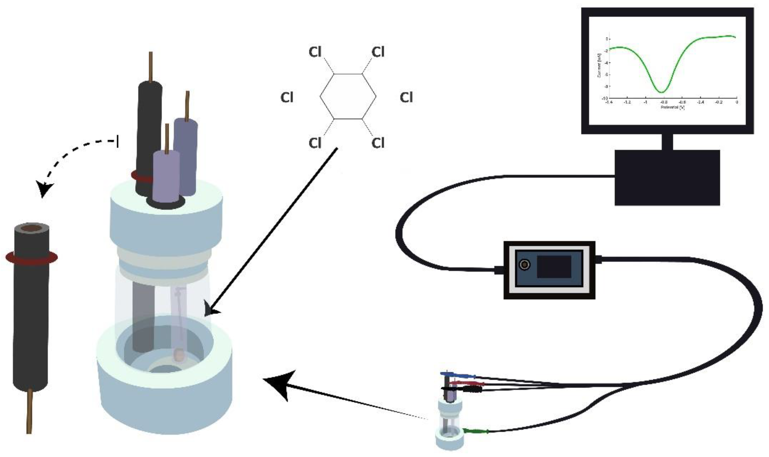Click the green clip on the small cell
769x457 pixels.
[x=476, y=431]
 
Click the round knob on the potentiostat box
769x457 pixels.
[x=525, y=265]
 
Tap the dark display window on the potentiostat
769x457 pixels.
[x=554, y=267]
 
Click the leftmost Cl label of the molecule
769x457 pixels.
[x=286, y=98]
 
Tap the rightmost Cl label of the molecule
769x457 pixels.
[x=406, y=98]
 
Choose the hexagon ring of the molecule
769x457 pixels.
[x=348, y=96]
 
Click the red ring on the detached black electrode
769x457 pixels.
[x=31, y=258]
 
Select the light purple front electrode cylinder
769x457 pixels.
[x=166, y=177]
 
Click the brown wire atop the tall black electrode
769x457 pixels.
[x=151, y=66]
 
